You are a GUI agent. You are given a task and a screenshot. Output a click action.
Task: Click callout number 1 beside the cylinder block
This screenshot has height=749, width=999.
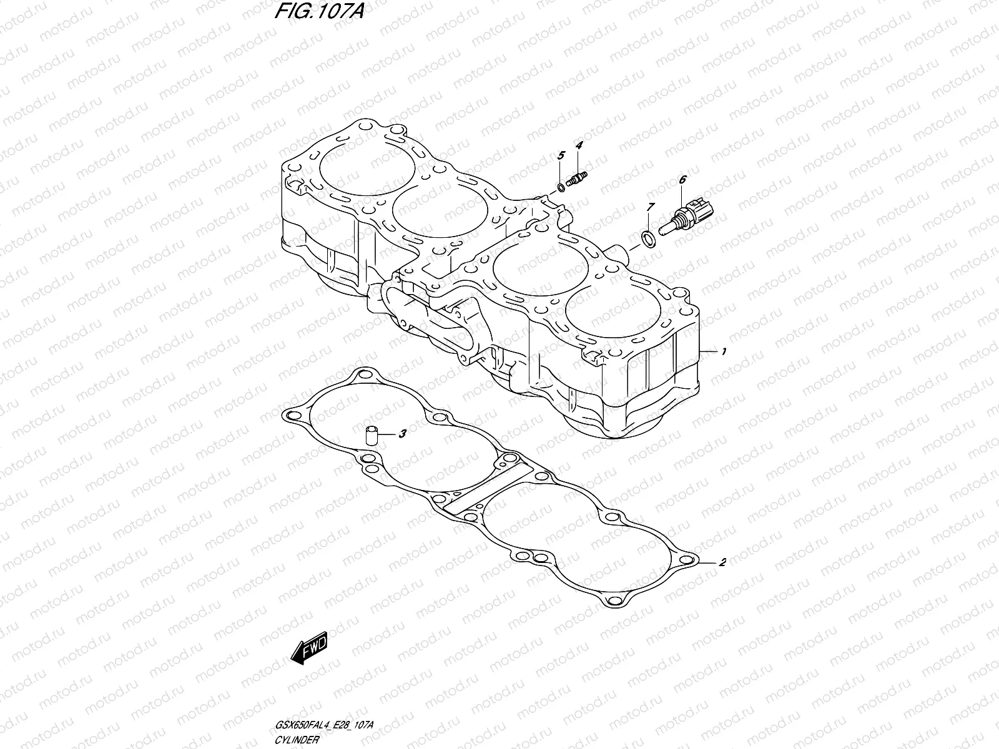[723, 352]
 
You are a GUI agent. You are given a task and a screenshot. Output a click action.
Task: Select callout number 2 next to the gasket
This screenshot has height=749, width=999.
[722, 562]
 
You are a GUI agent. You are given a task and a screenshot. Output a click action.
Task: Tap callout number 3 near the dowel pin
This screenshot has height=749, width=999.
[403, 433]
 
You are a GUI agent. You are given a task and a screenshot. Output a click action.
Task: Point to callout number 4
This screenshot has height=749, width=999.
[579, 145]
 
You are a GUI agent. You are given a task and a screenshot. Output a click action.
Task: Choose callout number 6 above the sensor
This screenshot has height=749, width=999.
[682, 180]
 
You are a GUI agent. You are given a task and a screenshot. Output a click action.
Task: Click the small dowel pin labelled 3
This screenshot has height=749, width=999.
[372, 434]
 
